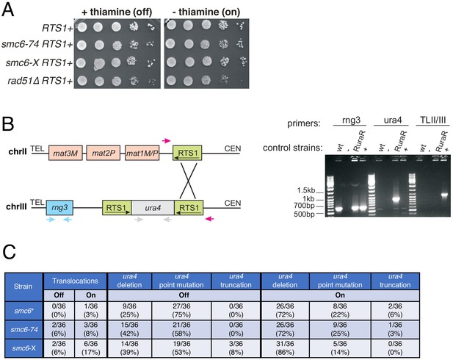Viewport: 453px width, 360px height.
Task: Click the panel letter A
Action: click(x=8, y=10)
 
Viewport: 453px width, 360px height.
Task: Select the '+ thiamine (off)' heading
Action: click(x=117, y=12)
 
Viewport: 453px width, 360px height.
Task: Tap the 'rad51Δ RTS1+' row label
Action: click(x=40, y=81)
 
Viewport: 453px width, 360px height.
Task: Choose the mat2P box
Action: click(x=103, y=153)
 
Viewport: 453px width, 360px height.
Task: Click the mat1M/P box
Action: click(x=142, y=153)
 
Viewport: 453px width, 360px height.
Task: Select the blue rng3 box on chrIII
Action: click(x=59, y=207)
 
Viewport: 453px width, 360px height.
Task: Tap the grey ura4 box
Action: click(x=153, y=208)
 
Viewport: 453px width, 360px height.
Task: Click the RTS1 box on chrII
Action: click(x=187, y=153)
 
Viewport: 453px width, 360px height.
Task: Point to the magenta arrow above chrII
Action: click(x=166, y=141)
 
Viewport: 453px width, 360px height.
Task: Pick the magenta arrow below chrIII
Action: click(x=210, y=219)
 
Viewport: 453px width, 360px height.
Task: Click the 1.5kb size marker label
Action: click(x=305, y=190)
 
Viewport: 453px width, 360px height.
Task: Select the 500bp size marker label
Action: click(x=304, y=215)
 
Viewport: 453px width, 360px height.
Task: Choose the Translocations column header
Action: click(x=75, y=281)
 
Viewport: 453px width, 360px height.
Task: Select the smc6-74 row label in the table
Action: click(x=24, y=329)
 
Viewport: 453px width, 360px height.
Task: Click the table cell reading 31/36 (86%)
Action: click(x=285, y=348)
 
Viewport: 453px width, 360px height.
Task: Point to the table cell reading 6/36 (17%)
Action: click(x=91, y=348)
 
